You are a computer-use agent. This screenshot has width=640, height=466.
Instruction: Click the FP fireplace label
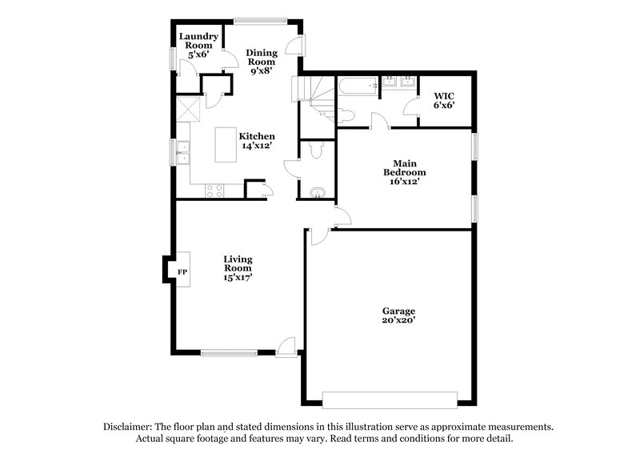[x=182, y=272]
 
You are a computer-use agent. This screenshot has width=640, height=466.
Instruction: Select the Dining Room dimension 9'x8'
[x=261, y=71]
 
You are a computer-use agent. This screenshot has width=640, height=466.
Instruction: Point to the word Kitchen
[x=258, y=136]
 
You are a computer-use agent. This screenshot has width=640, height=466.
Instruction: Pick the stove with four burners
[x=214, y=190]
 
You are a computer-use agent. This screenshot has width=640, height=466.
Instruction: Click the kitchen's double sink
[x=182, y=151]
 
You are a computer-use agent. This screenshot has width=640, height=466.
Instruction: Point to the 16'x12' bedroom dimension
[x=404, y=182]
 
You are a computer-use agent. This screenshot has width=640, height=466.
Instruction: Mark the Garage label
[x=398, y=310]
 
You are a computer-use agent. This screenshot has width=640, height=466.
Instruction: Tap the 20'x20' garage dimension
[x=398, y=320]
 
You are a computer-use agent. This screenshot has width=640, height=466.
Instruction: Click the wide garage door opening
[x=390, y=398]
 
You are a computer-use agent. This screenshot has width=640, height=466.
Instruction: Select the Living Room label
[x=238, y=263]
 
